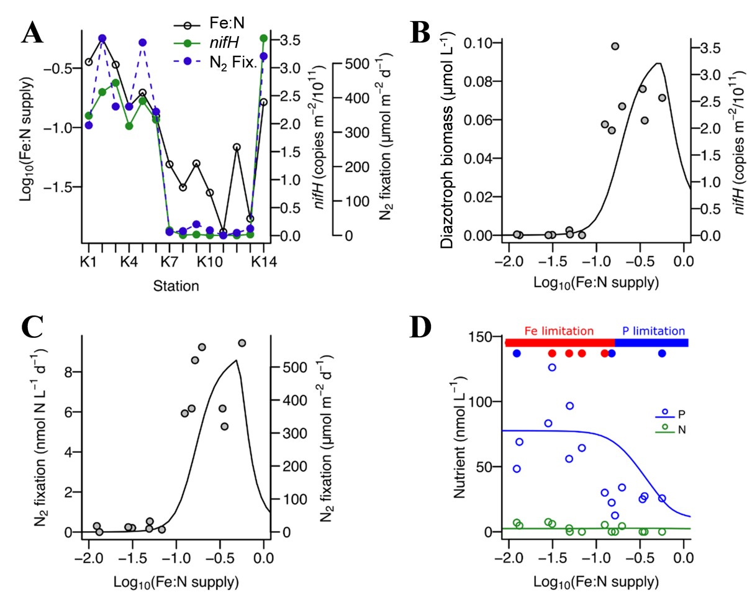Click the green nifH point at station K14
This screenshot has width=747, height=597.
pyautogui.click(x=263, y=38)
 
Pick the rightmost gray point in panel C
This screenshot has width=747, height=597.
pyautogui.click(x=242, y=343)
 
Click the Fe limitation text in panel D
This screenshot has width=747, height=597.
pyautogui.click(x=559, y=330)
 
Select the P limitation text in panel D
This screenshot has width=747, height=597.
pyautogui.click(x=653, y=330)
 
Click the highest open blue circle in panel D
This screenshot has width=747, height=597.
pyautogui.click(x=552, y=367)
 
